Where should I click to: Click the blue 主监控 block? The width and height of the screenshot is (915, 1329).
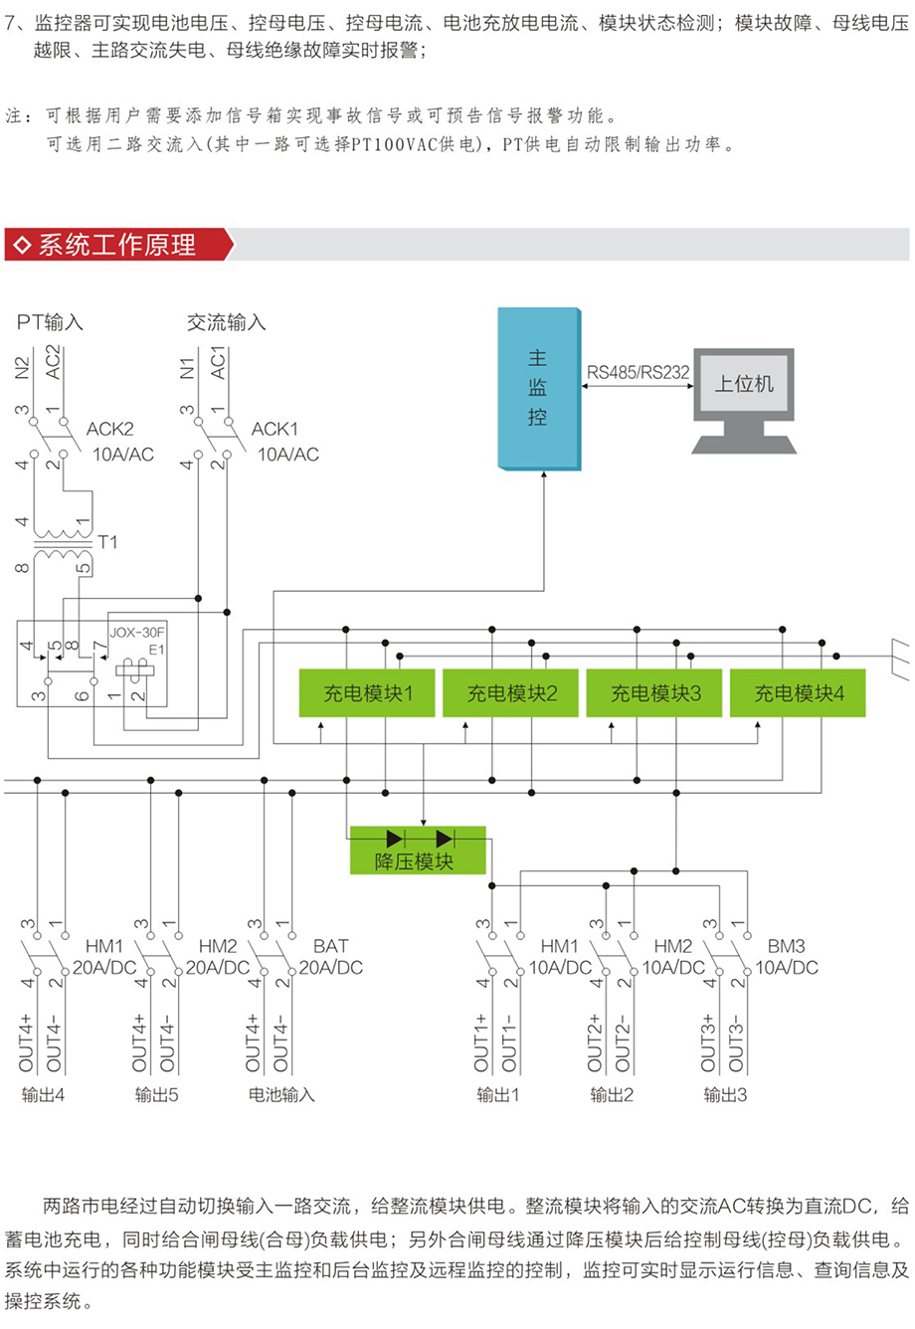pyautogui.click(x=538, y=388)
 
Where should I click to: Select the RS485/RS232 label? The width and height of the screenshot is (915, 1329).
pyautogui.click(x=638, y=373)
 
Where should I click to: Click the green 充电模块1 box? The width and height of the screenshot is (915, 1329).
pyautogui.click(x=367, y=693)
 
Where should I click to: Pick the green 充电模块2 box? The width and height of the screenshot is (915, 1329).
pyautogui.click(x=511, y=693)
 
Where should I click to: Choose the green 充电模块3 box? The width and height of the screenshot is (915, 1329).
pyautogui.click(x=655, y=693)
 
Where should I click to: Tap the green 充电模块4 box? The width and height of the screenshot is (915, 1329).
pyautogui.click(x=798, y=693)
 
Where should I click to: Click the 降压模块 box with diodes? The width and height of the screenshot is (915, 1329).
pyautogui.click(x=417, y=851)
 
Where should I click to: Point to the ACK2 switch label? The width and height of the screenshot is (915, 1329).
pyautogui.click(x=109, y=429)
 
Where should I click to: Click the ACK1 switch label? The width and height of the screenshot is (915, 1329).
pyautogui.click(x=274, y=429)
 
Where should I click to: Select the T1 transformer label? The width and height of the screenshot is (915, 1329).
pyautogui.click(x=107, y=542)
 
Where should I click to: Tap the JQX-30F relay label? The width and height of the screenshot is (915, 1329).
pyautogui.click(x=137, y=632)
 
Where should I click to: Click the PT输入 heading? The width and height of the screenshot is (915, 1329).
pyautogui.click(x=50, y=322)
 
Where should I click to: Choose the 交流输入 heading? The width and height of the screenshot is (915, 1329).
pyautogui.click(x=227, y=322)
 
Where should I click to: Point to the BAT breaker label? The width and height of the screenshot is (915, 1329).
pyautogui.click(x=330, y=946)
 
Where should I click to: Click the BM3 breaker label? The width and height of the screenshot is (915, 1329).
pyautogui.click(x=786, y=946)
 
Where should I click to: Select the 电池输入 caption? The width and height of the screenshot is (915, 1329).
pyautogui.click(x=281, y=1095)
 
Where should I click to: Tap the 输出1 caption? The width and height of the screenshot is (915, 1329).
pyautogui.click(x=498, y=1095)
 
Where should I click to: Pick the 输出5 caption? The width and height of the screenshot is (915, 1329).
pyautogui.click(x=157, y=1095)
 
